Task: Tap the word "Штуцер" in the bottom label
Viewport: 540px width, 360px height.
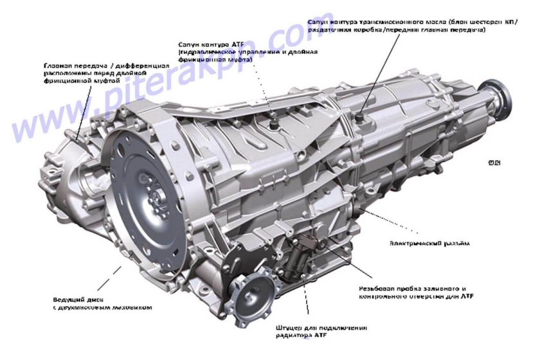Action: [x=289, y=327]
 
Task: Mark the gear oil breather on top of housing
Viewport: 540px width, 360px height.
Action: [x=358, y=117]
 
